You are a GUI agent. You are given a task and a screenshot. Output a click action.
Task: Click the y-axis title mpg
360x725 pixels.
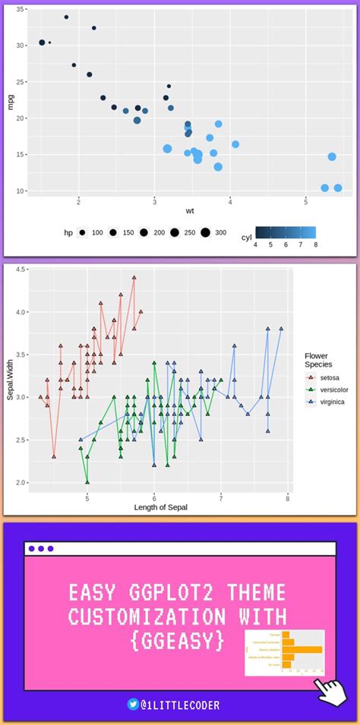11,101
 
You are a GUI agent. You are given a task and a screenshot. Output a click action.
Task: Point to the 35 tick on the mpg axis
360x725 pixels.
21,9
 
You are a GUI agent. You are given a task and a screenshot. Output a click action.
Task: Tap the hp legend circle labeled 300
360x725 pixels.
205,233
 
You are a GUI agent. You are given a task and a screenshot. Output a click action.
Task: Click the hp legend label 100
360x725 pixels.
97,233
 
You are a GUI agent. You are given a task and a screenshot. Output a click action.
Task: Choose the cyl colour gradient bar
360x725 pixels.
286,232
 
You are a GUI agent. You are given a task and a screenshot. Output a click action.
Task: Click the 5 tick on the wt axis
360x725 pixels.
305,202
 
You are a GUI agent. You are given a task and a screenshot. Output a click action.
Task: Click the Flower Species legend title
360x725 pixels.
319,360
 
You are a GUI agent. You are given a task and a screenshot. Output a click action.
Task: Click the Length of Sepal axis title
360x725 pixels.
160,507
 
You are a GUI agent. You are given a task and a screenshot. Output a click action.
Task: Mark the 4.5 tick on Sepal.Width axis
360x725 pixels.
21,270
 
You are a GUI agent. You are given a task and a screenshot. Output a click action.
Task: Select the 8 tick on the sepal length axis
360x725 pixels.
288,497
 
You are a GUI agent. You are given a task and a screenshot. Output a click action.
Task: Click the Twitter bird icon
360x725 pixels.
133,705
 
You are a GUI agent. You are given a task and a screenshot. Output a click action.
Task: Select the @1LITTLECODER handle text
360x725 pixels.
186,705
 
